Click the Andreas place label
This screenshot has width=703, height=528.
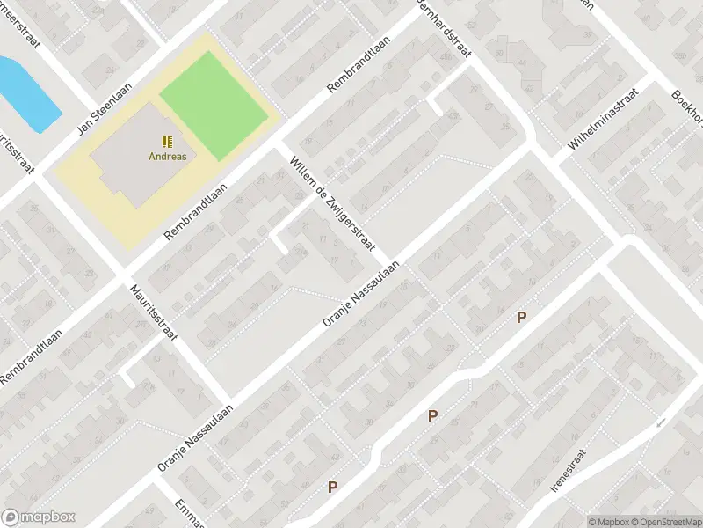pos(166,157)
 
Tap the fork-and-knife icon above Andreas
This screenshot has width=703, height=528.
pos(166,141)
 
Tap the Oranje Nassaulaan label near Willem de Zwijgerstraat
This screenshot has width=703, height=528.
pos(361,294)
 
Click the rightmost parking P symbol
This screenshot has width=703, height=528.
pos(521,318)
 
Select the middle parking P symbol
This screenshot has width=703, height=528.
pos(432,416)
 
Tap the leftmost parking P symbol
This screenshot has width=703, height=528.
pos(333,487)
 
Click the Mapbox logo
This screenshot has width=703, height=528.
pos(40,517)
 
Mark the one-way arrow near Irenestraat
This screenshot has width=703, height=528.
pos(661,423)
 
